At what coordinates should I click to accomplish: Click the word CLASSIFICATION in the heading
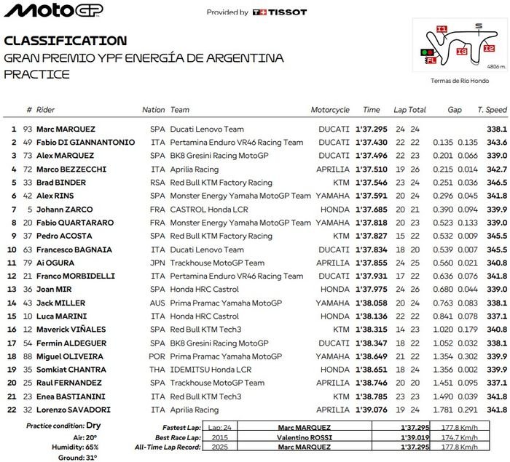(65, 41)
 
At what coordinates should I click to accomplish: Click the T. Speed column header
(492, 110)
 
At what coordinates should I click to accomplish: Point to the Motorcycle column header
(330, 110)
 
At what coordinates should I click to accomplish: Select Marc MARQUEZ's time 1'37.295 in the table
(371, 129)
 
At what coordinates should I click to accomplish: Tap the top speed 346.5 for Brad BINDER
(496, 183)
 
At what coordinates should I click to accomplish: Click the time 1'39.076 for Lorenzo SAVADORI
(371, 410)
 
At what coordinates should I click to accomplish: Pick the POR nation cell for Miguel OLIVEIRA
(157, 357)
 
